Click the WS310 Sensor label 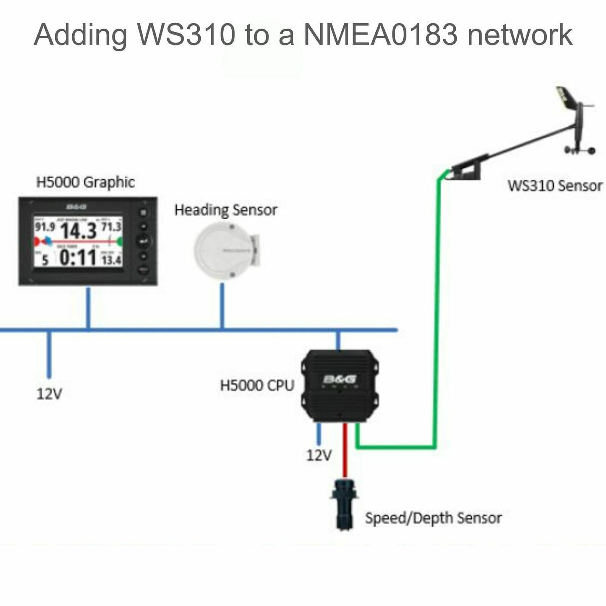pyautogui.click(x=555, y=186)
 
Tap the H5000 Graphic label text pyautogui.click(x=85, y=182)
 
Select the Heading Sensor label pyautogui.click(x=225, y=210)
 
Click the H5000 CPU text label pyautogui.click(x=257, y=385)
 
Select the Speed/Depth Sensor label pyautogui.click(x=433, y=518)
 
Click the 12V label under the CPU pyautogui.click(x=319, y=455)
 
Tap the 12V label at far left pyautogui.click(x=49, y=394)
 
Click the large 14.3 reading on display pyautogui.click(x=78, y=231)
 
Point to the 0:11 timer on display pyautogui.click(x=78, y=258)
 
